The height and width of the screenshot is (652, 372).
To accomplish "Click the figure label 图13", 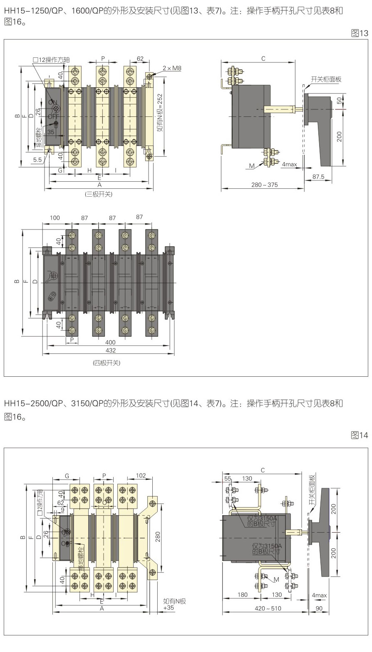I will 360,33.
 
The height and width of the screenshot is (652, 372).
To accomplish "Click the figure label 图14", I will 360,435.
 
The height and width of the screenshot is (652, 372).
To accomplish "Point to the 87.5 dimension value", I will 318,177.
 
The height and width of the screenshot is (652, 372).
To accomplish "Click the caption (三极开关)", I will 99,194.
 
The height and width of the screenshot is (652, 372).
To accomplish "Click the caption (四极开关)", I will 107,363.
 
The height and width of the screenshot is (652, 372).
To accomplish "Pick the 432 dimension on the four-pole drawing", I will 110,351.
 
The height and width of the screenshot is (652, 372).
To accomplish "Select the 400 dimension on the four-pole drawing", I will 110,342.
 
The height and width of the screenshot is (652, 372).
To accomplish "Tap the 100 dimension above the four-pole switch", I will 55,217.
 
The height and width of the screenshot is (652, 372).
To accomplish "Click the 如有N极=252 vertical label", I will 159,112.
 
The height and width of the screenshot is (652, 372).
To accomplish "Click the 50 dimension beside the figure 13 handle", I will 339,101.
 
